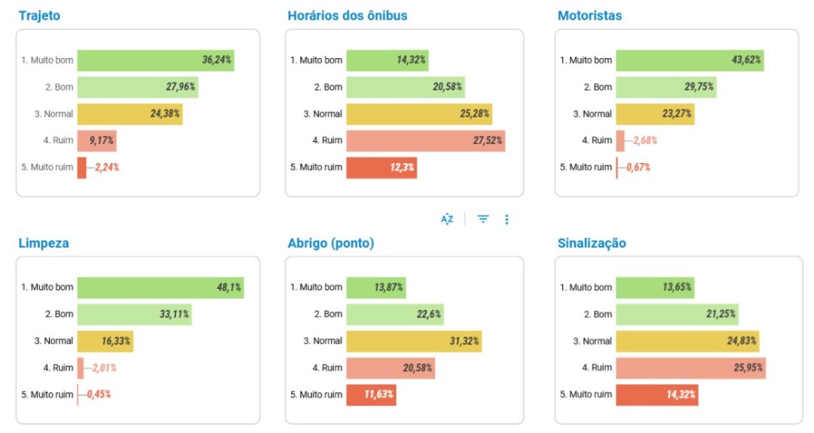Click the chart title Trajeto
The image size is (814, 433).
39,15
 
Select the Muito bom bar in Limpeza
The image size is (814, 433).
161,287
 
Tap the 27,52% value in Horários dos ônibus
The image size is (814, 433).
487,140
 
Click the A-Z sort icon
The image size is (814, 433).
447,220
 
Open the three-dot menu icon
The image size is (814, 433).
506,220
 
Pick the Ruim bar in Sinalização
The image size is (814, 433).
691,368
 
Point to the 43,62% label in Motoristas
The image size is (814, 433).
746,60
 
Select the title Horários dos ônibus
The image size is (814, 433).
347,15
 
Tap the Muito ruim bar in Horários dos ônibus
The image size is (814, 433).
381,167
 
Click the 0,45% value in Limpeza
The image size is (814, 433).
99,395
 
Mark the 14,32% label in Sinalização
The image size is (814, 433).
681,395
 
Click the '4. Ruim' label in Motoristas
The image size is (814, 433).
597,140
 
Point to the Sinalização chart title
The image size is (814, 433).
592,243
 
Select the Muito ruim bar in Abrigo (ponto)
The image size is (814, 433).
371,395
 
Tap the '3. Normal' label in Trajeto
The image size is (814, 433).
54,114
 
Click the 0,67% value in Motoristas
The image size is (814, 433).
638,167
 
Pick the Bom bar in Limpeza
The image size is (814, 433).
134,315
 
